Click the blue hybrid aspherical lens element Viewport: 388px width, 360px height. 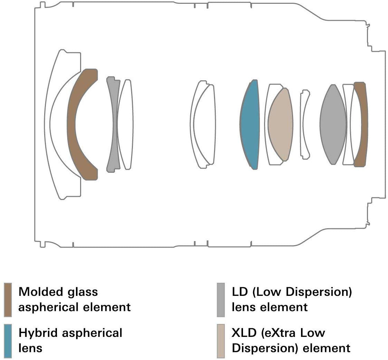pyautogui.click(x=250, y=125)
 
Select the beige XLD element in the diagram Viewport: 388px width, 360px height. pyautogui.click(x=281, y=124)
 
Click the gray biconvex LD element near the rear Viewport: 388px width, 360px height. pyautogui.click(x=333, y=124)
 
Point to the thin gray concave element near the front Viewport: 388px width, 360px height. pyautogui.click(x=113, y=124)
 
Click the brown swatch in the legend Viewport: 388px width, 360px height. pyautogui.click(x=8, y=300)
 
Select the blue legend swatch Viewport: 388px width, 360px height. pyautogui.click(x=8, y=341)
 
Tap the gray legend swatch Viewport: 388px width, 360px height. pyautogui.click(x=221, y=300)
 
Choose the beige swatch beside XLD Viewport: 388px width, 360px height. pyautogui.click(x=221, y=341)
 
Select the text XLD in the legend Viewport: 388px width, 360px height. pyautogui.click(x=244, y=333)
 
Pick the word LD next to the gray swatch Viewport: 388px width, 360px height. pyautogui.click(x=240, y=292)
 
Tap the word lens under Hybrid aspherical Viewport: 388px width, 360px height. pyautogui.click(x=30, y=348)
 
